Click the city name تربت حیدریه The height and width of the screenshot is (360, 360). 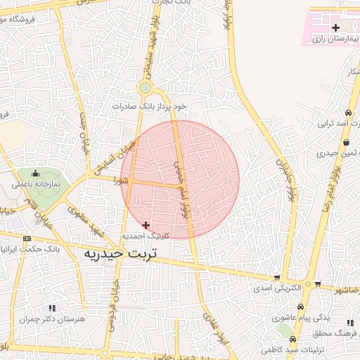coord(119,253)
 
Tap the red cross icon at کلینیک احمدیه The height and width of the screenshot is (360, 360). coord(146,225)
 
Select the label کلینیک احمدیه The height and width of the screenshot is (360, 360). coord(144,236)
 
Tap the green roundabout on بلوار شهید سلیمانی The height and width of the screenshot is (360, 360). coord(146,88)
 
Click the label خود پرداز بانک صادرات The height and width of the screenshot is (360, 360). coord(151,106)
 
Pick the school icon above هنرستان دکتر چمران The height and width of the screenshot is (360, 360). coord(51,307)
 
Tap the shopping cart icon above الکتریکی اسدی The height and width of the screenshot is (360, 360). coord(276,277)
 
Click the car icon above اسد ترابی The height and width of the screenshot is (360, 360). coord(347,113)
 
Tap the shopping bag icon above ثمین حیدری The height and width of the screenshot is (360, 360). coord(345,141)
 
